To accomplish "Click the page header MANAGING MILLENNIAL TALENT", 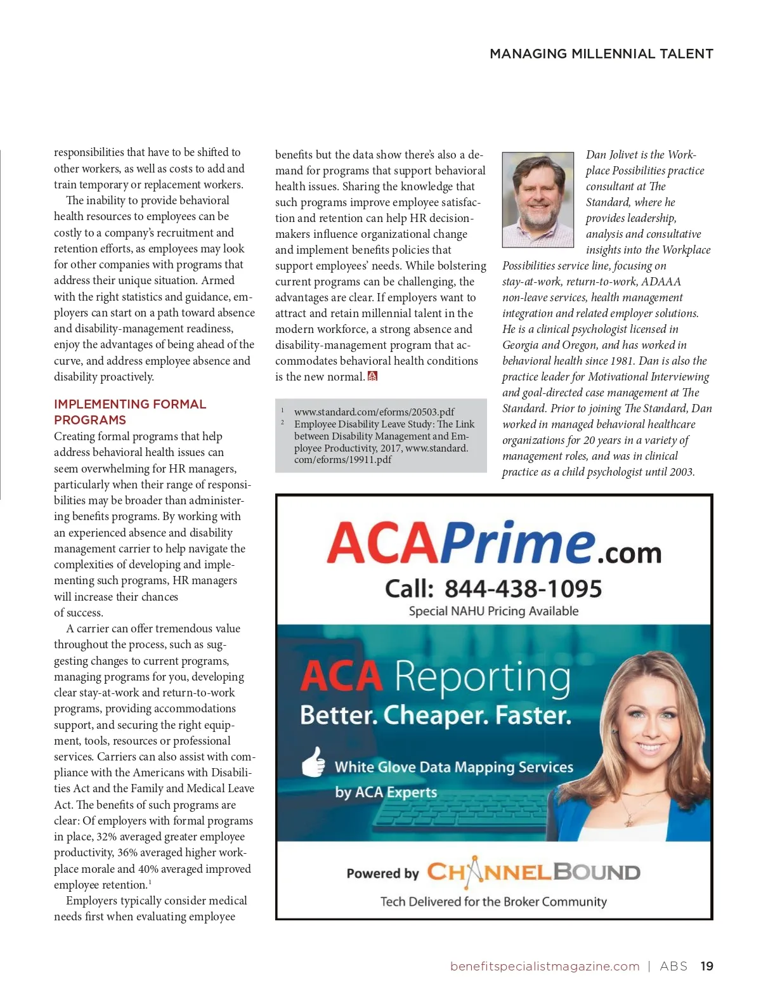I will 601,54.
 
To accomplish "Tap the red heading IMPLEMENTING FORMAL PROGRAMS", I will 129,412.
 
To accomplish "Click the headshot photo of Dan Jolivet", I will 538,200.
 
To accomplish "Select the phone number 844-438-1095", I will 523,589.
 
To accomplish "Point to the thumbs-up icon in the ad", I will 313,762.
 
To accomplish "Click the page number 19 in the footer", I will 706,966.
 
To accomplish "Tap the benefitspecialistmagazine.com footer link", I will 545,966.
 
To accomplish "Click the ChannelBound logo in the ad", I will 533,872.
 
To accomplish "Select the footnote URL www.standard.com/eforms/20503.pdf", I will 374,412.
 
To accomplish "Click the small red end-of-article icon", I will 373,376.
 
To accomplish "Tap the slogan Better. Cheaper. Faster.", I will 436,715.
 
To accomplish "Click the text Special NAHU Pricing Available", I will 493,611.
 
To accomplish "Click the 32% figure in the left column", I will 107,837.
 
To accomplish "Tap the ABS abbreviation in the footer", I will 673,966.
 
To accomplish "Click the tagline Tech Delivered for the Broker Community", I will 493,901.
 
